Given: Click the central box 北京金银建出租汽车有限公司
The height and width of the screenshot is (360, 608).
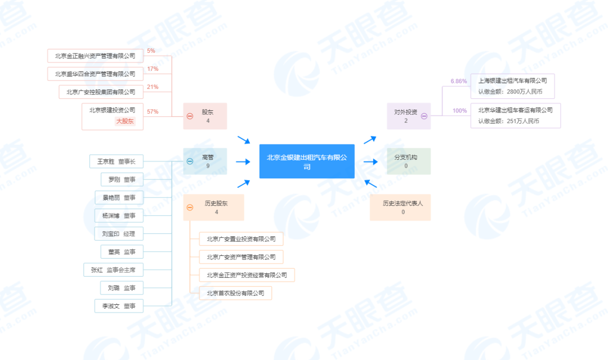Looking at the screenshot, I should [x=307, y=161].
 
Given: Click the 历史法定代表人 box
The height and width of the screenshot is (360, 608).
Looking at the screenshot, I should [x=403, y=207].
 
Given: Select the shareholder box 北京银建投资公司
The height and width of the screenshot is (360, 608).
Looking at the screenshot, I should [x=113, y=116].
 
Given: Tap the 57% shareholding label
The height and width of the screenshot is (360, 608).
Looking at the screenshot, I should [x=152, y=111].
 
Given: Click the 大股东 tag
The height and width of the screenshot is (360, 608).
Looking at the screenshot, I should [x=125, y=121].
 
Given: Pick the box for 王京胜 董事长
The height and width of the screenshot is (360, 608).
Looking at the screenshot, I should [x=116, y=161].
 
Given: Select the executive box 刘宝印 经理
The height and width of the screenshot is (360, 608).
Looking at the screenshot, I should [x=118, y=233].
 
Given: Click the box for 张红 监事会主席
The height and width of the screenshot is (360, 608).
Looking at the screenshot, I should [x=113, y=270].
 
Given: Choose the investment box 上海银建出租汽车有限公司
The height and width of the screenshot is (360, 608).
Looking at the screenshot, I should [x=516, y=86].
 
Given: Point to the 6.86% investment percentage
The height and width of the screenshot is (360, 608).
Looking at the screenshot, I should [x=459, y=81].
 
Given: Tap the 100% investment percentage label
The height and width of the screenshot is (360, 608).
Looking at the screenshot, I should [x=460, y=111].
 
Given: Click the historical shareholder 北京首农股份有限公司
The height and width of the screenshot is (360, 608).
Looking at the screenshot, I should [x=235, y=293].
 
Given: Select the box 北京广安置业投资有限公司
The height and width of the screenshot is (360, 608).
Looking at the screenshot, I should [x=241, y=239].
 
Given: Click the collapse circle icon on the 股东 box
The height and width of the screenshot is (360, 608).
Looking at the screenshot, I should [x=190, y=116].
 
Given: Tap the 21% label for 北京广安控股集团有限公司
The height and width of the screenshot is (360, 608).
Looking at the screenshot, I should [x=152, y=87].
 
